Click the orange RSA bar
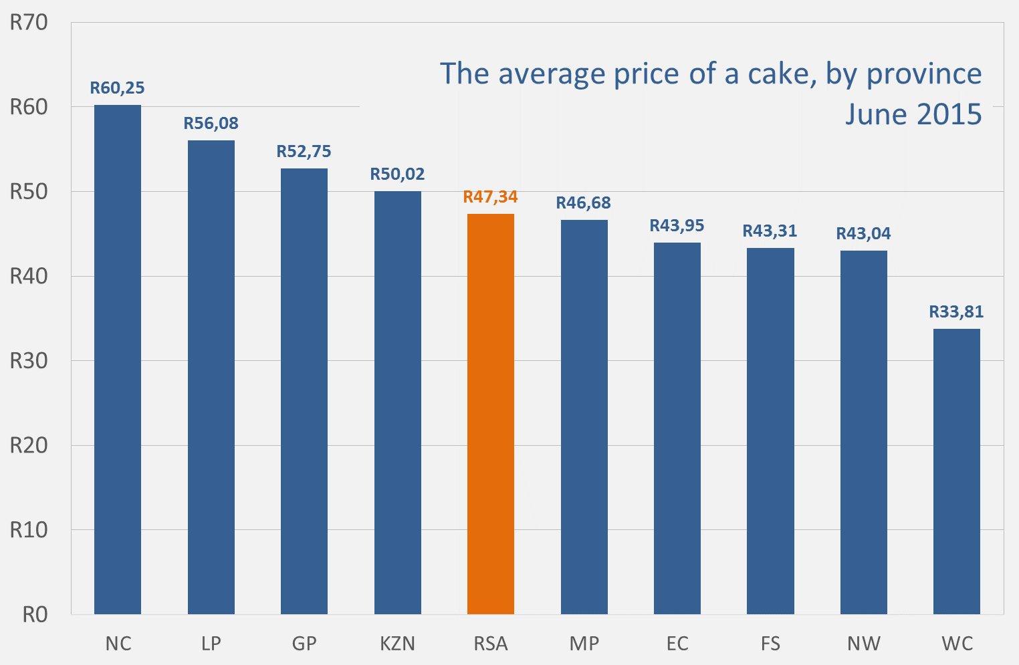click(x=491, y=414)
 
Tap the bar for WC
click(x=956, y=471)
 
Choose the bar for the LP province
click(x=211, y=377)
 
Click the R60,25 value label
click(x=118, y=88)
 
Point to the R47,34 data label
click(x=491, y=197)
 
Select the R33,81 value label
click(x=956, y=312)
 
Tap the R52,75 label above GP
click(x=304, y=152)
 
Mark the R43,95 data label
click(x=677, y=226)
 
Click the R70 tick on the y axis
click(x=29, y=23)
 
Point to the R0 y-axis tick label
click(x=35, y=615)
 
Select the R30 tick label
click(x=29, y=361)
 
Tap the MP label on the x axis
click(x=584, y=644)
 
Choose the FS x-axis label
click(x=770, y=644)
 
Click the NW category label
click(x=864, y=644)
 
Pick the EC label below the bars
click(x=677, y=644)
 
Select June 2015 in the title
click(x=913, y=114)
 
